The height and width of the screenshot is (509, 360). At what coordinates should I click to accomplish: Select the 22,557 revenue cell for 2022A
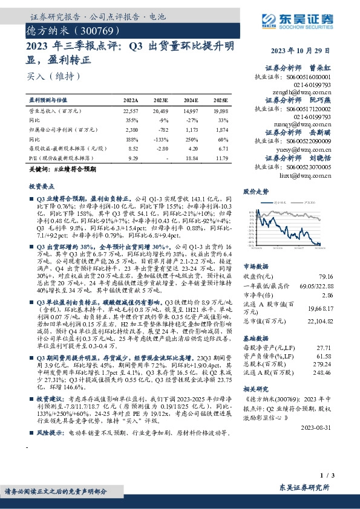coord(131,111)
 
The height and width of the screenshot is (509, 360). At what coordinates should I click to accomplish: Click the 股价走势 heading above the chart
coord(255,191)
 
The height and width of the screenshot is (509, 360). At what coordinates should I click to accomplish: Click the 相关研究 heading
coord(255,389)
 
